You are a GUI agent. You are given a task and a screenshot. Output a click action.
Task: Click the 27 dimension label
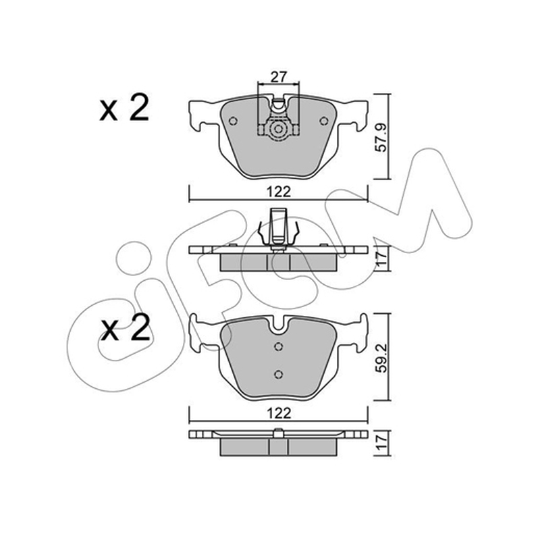click(278, 77)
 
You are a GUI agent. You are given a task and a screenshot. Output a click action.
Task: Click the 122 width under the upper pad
click(279, 192)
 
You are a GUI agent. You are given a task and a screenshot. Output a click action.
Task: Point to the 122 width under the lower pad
click(279, 413)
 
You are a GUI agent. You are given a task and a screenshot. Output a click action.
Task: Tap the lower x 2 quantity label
click(125, 328)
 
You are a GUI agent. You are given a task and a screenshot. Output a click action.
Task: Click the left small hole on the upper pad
click(233, 121)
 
